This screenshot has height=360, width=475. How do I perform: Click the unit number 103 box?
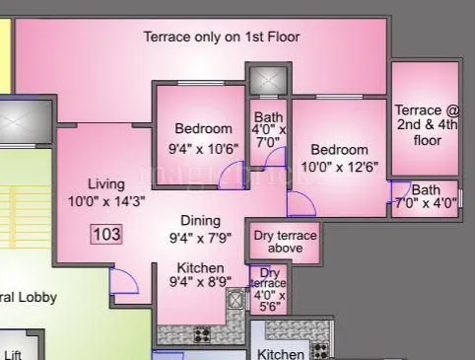(x=107, y=234)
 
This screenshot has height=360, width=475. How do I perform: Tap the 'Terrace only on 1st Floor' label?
(x=222, y=37)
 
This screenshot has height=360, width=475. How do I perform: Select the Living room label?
(x=105, y=184)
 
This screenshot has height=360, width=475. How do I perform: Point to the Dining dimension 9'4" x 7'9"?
(x=199, y=238)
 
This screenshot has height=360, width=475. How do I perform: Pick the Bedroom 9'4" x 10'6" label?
(x=204, y=138)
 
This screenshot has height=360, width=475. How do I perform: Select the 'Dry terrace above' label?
(x=285, y=242)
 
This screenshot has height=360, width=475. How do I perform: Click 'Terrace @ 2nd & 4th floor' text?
(x=426, y=124)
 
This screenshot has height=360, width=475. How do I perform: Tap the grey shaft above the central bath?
(x=266, y=79)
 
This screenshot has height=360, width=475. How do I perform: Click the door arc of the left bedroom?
(x=232, y=178)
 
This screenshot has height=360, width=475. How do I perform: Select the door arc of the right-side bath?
(x=400, y=192)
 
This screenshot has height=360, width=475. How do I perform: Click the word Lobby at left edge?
(x=36, y=297)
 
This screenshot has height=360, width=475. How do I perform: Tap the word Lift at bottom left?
(x=13, y=354)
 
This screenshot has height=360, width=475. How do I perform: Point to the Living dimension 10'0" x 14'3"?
(x=105, y=201)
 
